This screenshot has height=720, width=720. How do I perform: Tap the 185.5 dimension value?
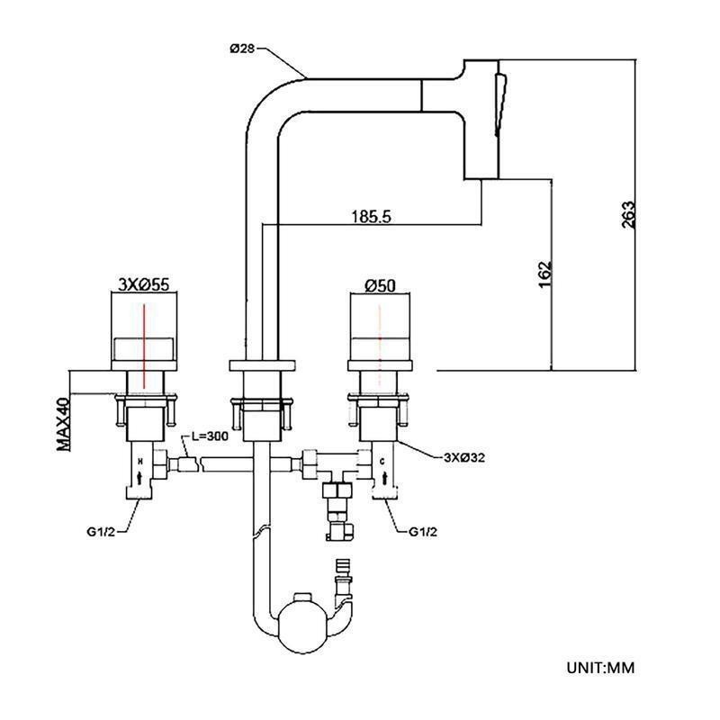[x=370, y=217]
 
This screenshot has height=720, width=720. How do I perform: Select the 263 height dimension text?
[x=628, y=215]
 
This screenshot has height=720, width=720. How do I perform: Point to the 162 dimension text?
[x=543, y=275]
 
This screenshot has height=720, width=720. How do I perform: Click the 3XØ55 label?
[x=144, y=285]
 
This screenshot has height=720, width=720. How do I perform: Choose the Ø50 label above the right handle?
[x=381, y=285]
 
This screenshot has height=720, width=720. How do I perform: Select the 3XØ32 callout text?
[x=465, y=457]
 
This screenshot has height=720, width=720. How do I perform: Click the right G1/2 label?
[x=423, y=531]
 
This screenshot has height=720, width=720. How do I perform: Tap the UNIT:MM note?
[x=601, y=668]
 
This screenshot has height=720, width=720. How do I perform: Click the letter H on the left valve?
[x=139, y=460]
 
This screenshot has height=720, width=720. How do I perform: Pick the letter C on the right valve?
[x=383, y=460]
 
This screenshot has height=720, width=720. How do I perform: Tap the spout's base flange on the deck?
[x=263, y=366]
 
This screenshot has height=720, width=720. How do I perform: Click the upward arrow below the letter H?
[x=139, y=478]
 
